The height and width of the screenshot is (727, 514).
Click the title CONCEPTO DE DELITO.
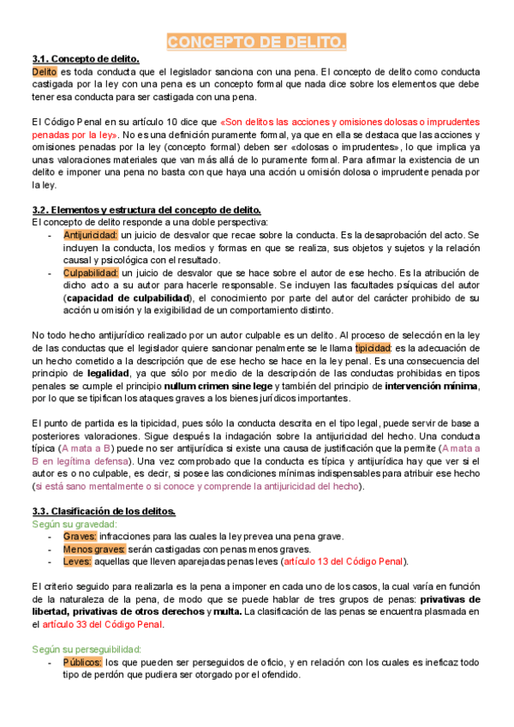click(256, 42)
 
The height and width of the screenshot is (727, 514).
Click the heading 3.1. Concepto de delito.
click(86, 58)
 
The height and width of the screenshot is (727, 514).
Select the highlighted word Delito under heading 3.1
click(45, 71)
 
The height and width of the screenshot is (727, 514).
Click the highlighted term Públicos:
click(82, 662)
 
